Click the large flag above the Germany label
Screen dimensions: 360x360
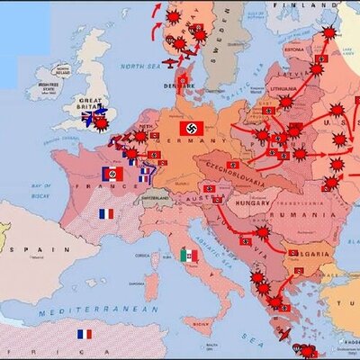(x=192, y=128)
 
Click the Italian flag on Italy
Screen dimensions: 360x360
(x=189, y=256)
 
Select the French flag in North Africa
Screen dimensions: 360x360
(x=85, y=334)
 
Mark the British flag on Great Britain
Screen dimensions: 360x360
(x=87, y=117)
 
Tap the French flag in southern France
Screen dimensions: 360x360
(x=106, y=214)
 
